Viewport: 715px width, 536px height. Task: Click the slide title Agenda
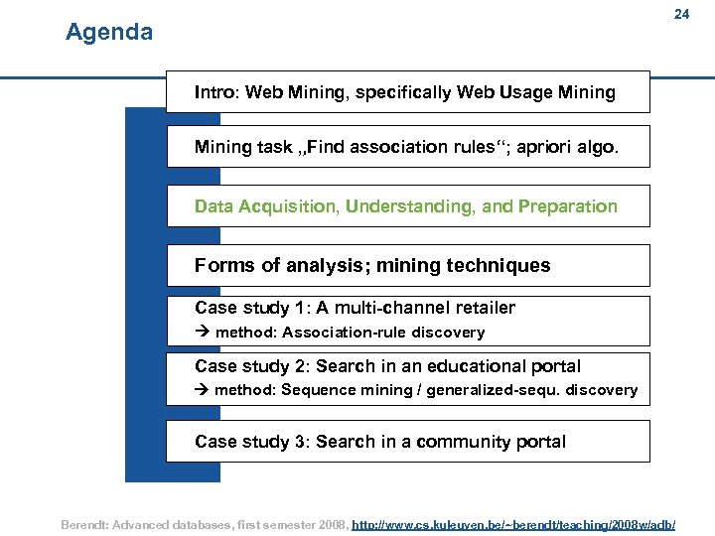109,33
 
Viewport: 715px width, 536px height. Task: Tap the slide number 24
681,15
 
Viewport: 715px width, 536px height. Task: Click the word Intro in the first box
214,92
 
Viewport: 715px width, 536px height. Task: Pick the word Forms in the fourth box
221,265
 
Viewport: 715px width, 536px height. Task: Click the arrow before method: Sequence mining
202,390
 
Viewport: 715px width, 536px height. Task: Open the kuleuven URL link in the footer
514,523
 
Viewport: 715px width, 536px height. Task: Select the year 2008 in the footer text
327,523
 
